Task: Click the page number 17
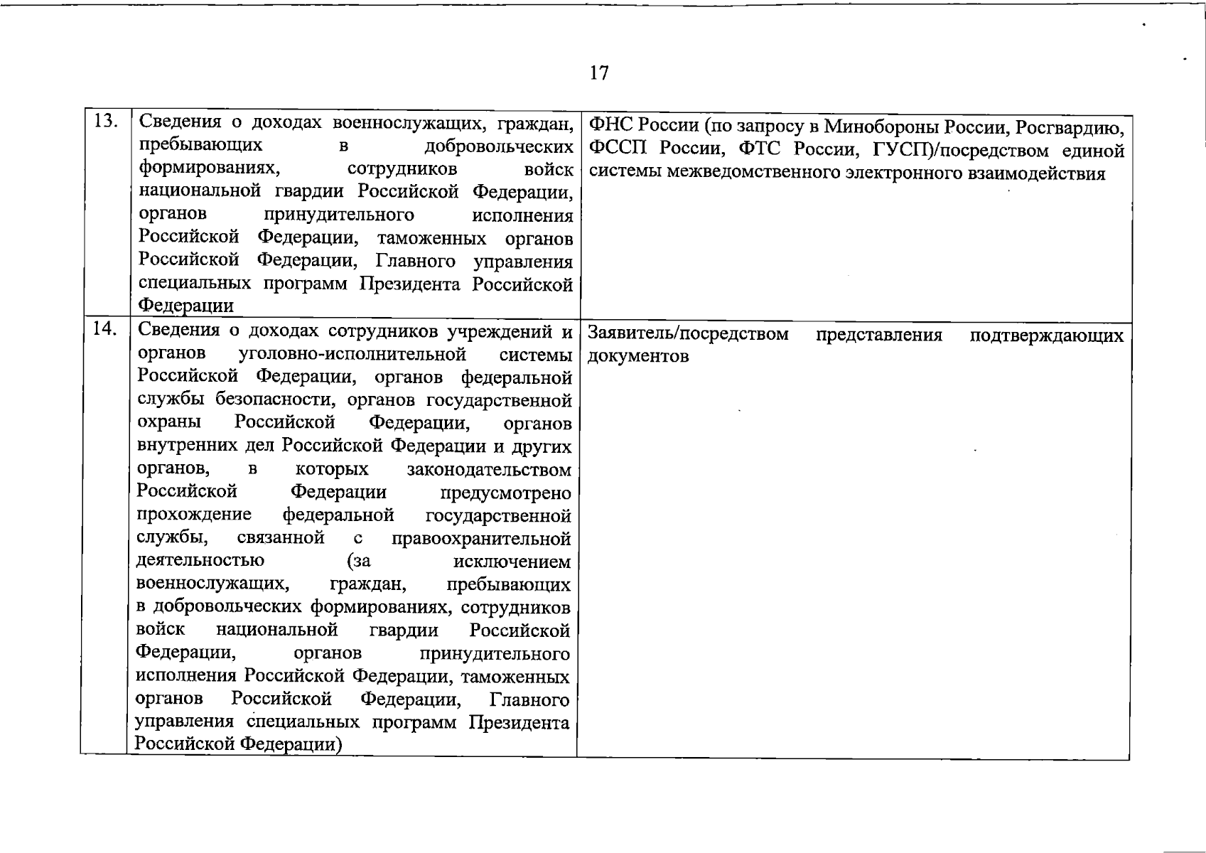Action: (599, 73)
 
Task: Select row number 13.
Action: (106, 122)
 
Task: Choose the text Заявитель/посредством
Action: (689, 333)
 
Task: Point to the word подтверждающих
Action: (1047, 335)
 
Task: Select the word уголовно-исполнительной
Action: (352, 354)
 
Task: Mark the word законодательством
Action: (489, 470)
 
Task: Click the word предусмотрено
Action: (505, 493)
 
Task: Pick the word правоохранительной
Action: (481, 538)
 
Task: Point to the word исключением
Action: (512, 562)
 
